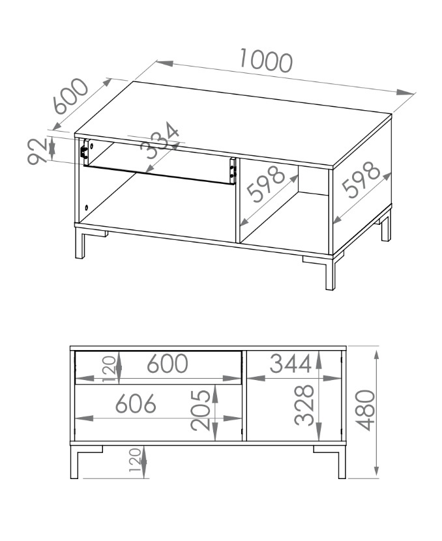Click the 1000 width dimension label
[x=266, y=61]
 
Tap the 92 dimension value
[x=37, y=151]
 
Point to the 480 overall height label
[x=364, y=410]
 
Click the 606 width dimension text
[x=136, y=403]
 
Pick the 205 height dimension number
[x=200, y=411]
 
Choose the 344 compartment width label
[x=291, y=363]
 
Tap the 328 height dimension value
[x=304, y=405]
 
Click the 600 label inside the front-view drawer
[x=168, y=363]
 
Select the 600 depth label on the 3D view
[x=71, y=96]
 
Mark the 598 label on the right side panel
[x=361, y=180]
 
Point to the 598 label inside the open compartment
[x=266, y=184]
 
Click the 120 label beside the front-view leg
[x=135, y=460]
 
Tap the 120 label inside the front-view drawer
[x=109, y=369]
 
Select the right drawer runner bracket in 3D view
[x=233, y=171]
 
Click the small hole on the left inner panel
[x=86, y=208]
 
